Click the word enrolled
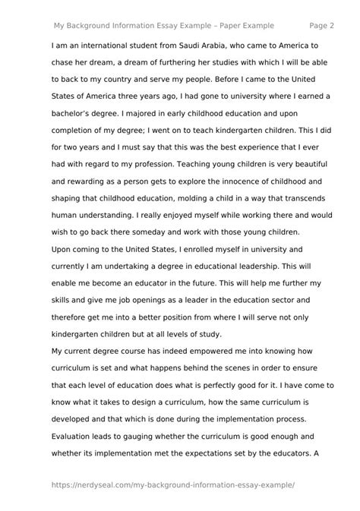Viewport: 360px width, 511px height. point(186,249)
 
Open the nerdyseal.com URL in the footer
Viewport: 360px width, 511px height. point(172,484)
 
